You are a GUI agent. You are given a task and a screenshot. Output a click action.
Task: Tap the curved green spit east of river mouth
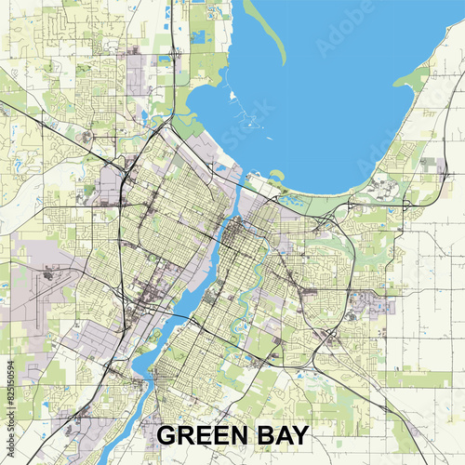pos(276,174)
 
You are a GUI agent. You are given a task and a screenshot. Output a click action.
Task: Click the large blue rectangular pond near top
pos(198,37)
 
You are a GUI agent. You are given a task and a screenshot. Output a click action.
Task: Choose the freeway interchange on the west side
pos(121,172)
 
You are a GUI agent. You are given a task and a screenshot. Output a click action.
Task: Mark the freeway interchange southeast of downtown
pos(327,335)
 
